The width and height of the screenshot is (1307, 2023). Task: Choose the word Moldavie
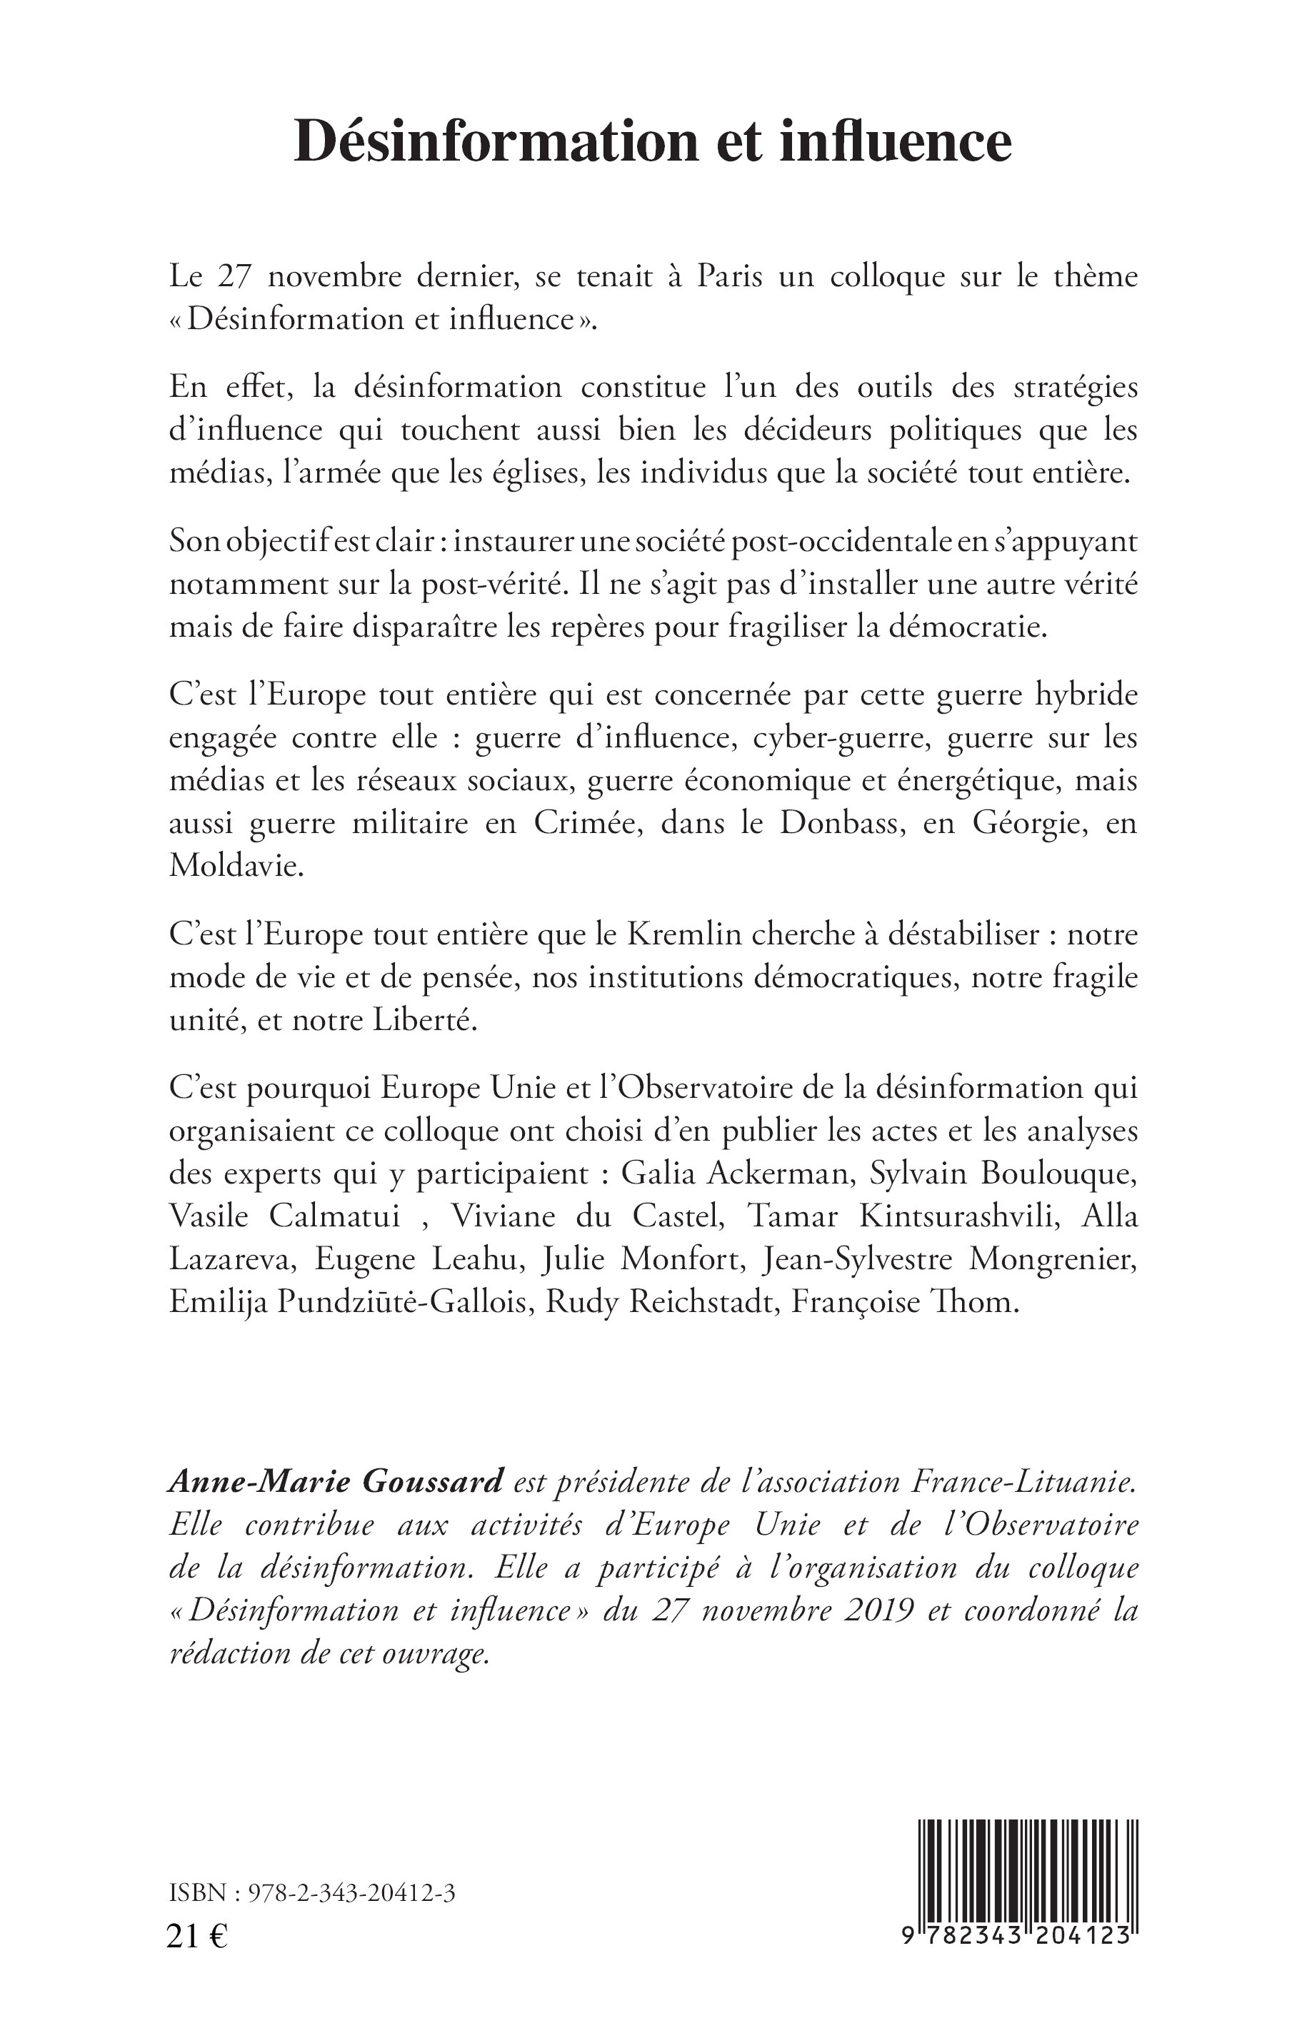click(235, 866)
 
